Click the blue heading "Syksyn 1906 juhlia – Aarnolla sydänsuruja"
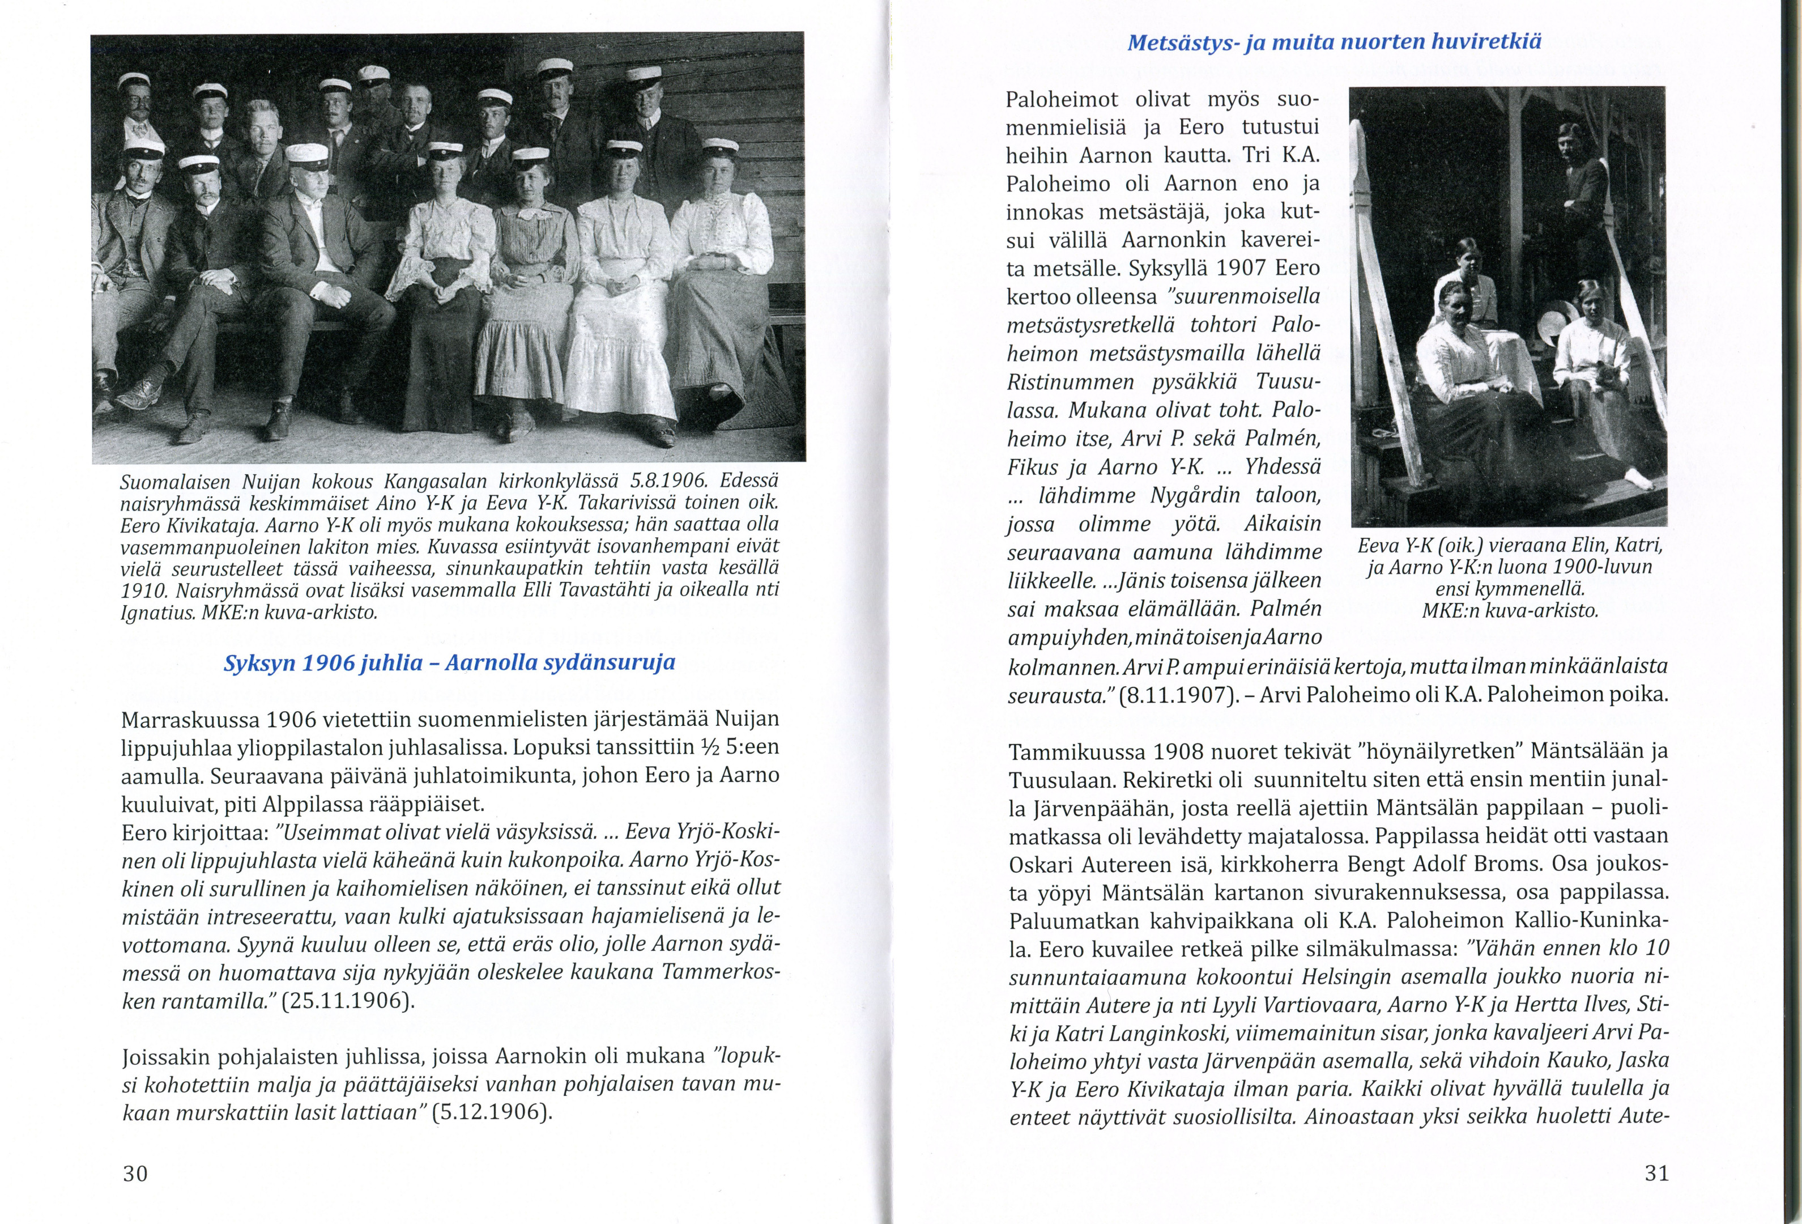[449, 663]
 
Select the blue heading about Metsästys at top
[1334, 41]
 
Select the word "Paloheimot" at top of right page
[1062, 100]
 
